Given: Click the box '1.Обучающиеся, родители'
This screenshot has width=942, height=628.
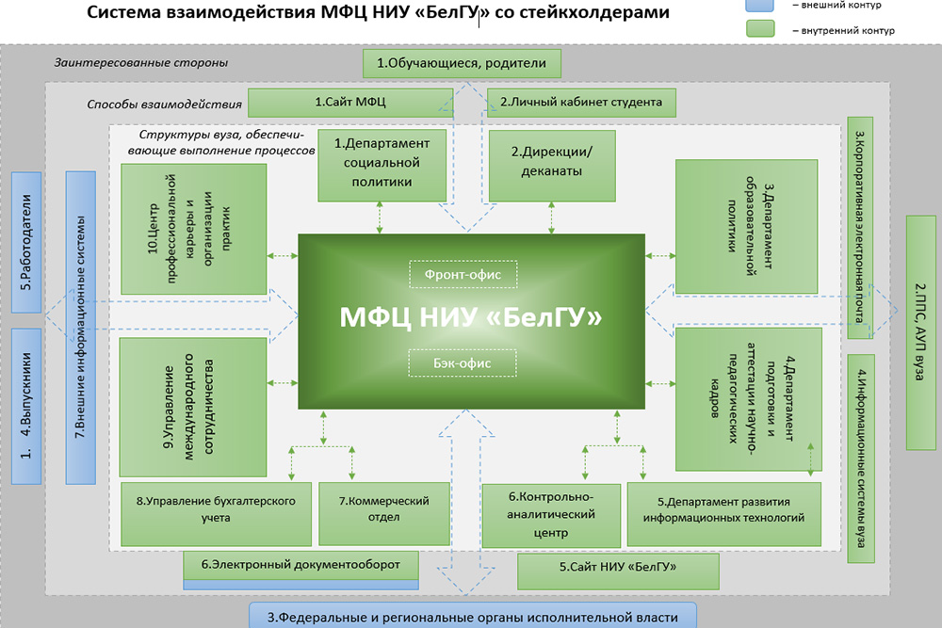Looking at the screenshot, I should click(462, 63).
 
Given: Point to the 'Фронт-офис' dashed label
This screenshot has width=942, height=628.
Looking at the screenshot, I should click(456, 274).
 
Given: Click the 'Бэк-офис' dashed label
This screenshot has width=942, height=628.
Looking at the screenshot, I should click(456, 362).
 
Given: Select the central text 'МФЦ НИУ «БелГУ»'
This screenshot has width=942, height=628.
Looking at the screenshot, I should click(470, 317).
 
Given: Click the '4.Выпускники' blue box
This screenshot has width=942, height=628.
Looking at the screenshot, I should click(26, 405).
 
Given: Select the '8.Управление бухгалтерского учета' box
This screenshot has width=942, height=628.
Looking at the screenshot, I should click(216, 509).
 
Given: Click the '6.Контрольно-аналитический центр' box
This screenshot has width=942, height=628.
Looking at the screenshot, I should click(550, 514).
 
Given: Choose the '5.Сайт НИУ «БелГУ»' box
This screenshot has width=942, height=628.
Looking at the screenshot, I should click(618, 570).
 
